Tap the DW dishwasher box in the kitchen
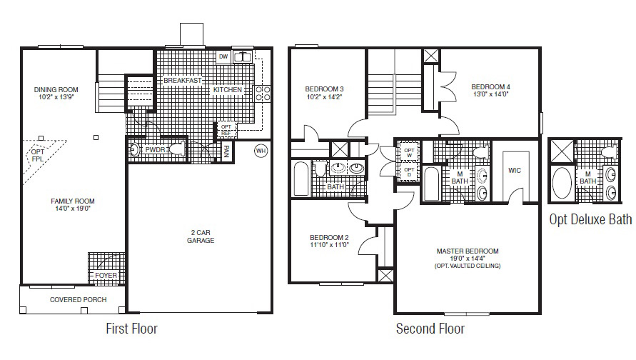click(223, 56)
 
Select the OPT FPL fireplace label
click(37, 156)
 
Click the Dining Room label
click(56, 89)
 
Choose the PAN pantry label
click(226, 151)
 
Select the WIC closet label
click(514, 171)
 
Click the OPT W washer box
click(409, 152)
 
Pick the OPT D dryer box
click(409, 171)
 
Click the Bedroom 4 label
click(490, 87)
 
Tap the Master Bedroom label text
click(468, 251)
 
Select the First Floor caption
click(131, 329)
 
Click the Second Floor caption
click(430, 329)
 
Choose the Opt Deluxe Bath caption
click(590, 219)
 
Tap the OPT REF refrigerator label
click(226, 129)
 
